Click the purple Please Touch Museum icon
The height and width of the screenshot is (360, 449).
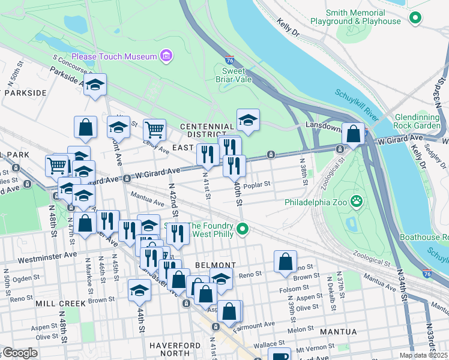tap(166, 56)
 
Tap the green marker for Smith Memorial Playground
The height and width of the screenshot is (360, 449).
tap(415, 19)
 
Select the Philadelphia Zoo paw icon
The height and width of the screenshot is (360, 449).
tap(357, 200)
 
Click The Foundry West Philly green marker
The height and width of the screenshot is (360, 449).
tap(243, 229)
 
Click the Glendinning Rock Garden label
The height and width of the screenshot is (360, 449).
tap(421, 121)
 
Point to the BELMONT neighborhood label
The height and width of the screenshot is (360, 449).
tap(215, 265)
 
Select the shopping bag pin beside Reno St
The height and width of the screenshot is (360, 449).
tap(285, 262)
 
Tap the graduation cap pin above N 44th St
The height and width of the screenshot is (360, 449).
tap(139, 290)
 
